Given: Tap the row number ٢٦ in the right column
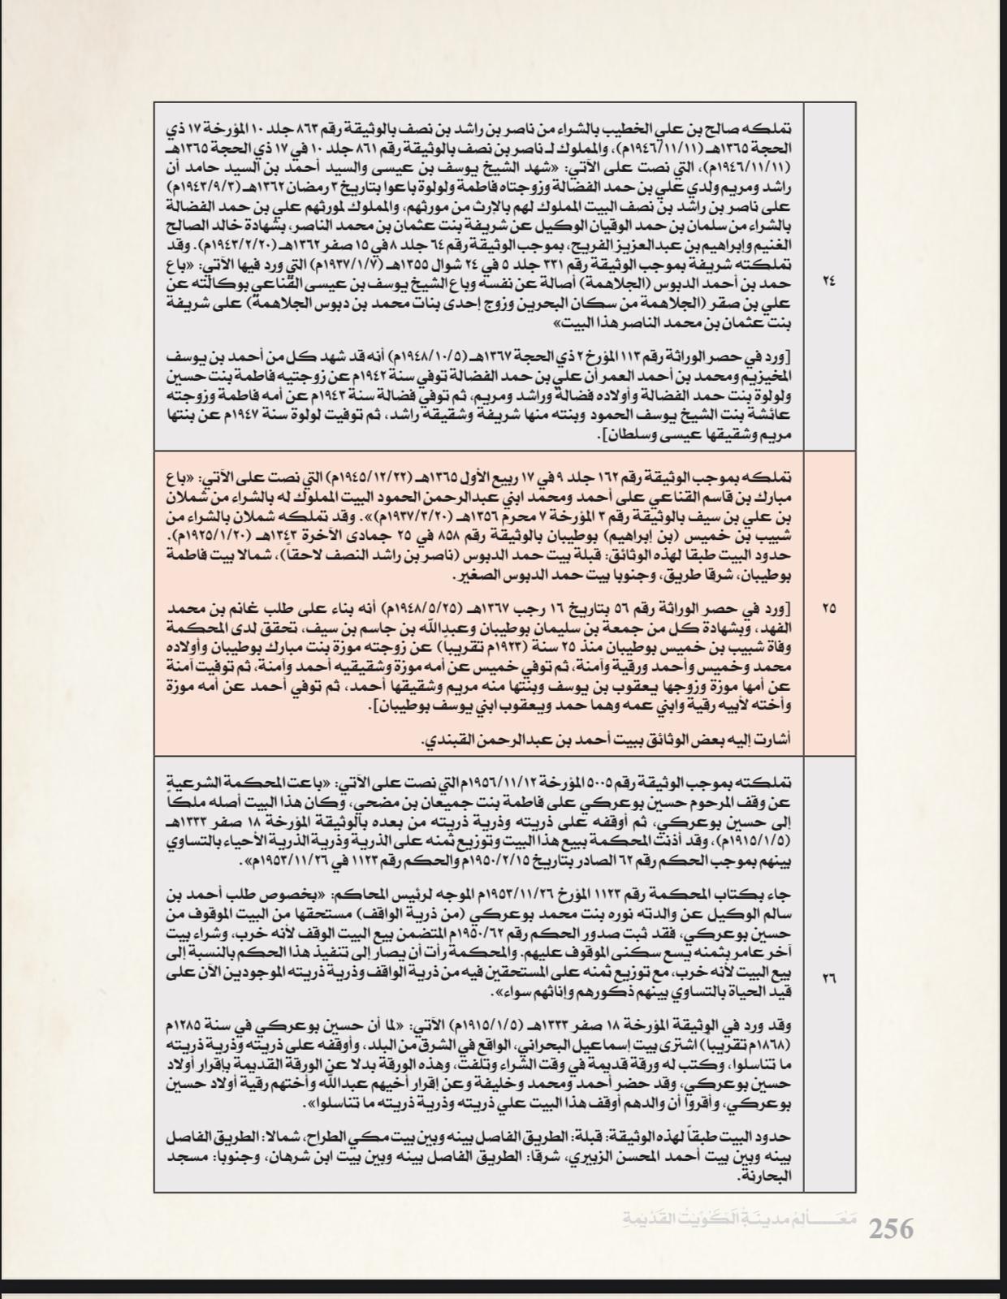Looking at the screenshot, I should pyautogui.click(x=829, y=978).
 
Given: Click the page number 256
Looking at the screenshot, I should pyautogui.click(x=891, y=1228).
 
